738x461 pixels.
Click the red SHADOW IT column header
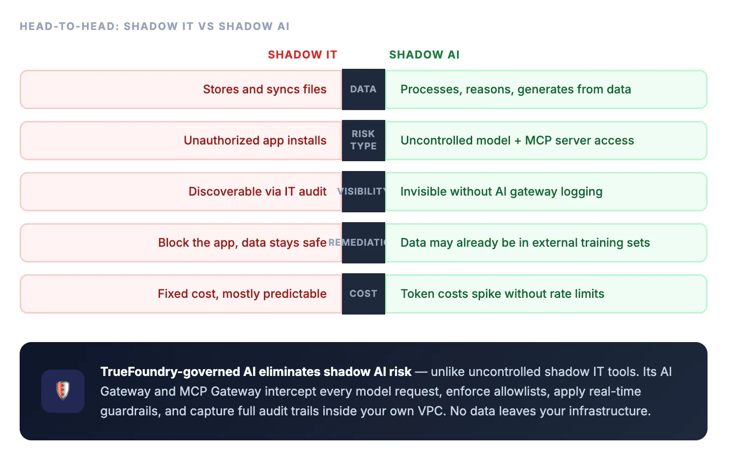pos(302,55)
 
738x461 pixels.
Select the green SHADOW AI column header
pos(424,55)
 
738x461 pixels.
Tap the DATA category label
pos(363,89)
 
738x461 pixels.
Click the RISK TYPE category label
pos(363,140)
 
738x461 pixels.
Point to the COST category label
pos(363,293)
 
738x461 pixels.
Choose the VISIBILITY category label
pos(363,192)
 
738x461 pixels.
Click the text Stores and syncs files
pos(264,89)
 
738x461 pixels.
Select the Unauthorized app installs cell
pos(255,141)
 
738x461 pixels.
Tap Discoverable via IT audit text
pos(257,192)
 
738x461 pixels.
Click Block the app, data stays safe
pos(242,243)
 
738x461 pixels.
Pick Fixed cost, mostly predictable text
pos(242,294)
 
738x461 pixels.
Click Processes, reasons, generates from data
pos(515,89)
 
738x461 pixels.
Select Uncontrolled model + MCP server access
pos(517,141)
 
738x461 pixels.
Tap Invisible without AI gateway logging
pos(501,192)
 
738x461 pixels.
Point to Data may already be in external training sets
pos(525,243)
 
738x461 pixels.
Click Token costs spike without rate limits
pos(502,294)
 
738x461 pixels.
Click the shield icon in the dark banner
pos(63,391)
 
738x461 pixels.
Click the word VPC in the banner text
pos(430,411)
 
